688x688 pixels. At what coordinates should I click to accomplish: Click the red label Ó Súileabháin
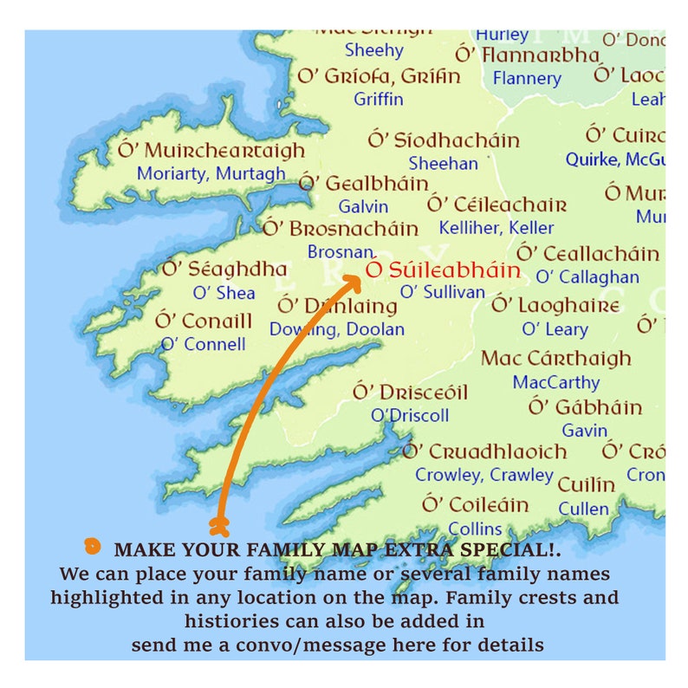pyautogui.click(x=443, y=270)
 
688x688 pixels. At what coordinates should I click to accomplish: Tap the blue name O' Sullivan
pyautogui.click(x=442, y=292)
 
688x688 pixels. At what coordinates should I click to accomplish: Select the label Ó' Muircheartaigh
pyautogui.click(x=212, y=150)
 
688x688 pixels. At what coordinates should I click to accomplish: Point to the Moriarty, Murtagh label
pyautogui.click(x=211, y=173)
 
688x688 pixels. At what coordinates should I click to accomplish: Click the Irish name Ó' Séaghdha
pyautogui.click(x=224, y=269)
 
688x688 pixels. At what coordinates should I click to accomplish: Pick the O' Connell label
pyautogui.click(x=204, y=344)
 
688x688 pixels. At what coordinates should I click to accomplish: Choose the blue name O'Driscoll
pyautogui.click(x=410, y=415)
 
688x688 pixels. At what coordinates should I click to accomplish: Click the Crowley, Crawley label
pyautogui.click(x=484, y=475)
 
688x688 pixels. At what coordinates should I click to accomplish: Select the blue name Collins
pyautogui.click(x=475, y=528)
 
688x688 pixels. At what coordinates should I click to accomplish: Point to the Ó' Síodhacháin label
pyautogui.click(x=444, y=140)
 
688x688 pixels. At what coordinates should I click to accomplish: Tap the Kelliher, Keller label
pyautogui.click(x=497, y=228)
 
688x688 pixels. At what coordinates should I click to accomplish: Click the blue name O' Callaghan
pyautogui.click(x=587, y=277)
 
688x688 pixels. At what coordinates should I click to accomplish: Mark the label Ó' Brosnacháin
pyautogui.click(x=341, y=229)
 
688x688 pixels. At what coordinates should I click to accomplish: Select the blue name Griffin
pyautogui.click(x=379, y=99)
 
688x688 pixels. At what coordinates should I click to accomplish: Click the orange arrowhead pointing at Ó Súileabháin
pyautogui.click(x=353, y=280)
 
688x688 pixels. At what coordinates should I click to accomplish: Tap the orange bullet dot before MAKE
pyautogui.click(x=91, y=546)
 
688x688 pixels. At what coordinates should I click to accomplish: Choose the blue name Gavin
pyautogui.click(x=585, y=430)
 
